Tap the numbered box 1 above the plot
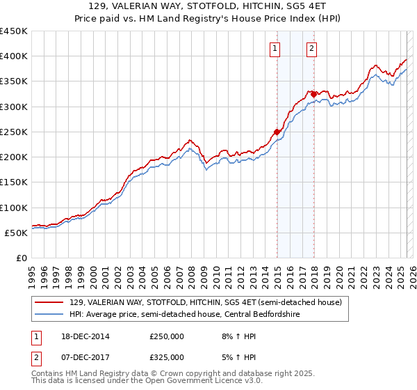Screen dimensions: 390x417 (x=276, y=48)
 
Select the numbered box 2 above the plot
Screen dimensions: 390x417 (x=311, y=48)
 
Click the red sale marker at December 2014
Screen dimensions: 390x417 (x=277, y=132)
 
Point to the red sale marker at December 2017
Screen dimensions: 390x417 (x=314, y=94)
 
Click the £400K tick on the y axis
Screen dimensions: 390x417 (x=15, y=56)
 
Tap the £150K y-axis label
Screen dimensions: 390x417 (x=15, y=182)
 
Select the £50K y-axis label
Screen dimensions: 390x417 (x=17, y=233)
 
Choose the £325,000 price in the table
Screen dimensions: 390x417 (x=166, y=357)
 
